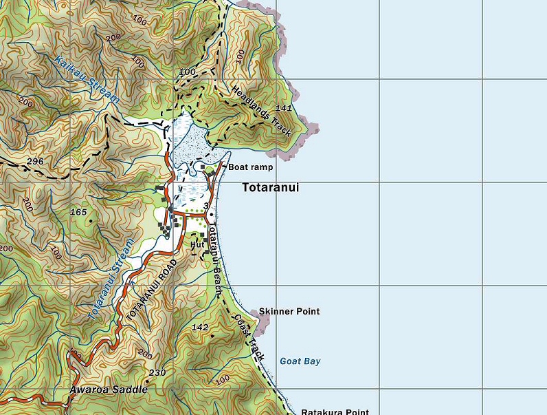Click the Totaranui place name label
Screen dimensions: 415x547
point(270,187)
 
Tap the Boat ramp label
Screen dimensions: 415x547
point(251,167)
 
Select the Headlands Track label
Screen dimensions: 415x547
point(261,107)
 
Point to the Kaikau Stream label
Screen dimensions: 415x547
point(87,79)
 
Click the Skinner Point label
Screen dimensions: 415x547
point(289,312)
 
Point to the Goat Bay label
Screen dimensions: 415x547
point(300,361)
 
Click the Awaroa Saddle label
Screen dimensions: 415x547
point(109,390)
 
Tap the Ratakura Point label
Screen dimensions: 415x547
point(335,412)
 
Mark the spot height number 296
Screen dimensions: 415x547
point(34,162)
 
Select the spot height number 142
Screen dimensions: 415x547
point(200,327)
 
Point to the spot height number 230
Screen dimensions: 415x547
point(157,373)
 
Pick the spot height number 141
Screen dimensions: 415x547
point(283,109)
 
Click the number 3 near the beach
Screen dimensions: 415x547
point(206,205)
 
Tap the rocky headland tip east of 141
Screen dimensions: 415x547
point(315,127)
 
